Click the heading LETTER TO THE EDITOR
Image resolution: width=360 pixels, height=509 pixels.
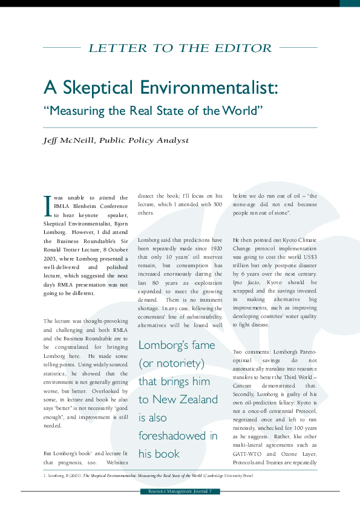(180, 48)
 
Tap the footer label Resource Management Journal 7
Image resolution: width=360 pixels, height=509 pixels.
(180, 491)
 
